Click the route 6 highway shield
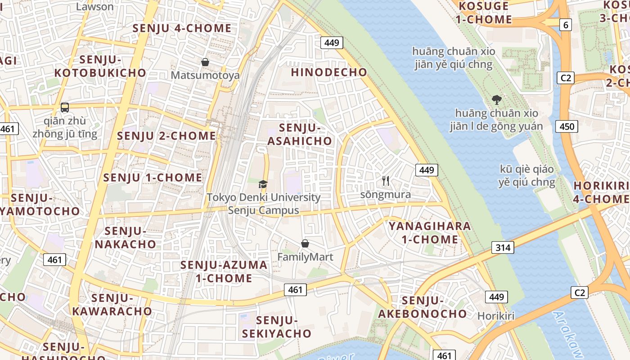[x=566, y=25]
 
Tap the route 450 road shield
[x=567, y=126]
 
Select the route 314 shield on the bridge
[x=502, y=247]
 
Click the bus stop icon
[x=65, y=108]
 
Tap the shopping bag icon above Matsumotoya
[x=205, y=62]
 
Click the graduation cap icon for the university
[x=263, y=184]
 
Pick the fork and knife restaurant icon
[x=386, y=181]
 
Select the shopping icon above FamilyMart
[x=305, y=244]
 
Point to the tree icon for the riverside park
[x=497, y=100]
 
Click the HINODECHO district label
[x=329, y=72]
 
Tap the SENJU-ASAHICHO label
[x=300, y=135]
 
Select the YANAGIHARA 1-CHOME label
[x=430, y=233]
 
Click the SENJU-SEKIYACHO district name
[x=277, y=327]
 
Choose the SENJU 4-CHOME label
[x=182, y=28]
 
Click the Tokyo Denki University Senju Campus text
[x=264, y=204]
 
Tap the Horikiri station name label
[x=496, y=316]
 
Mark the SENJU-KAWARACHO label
[x=112, y=305]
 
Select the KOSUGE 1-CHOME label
[x=484, y=13]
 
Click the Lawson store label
[x=95, y=6]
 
